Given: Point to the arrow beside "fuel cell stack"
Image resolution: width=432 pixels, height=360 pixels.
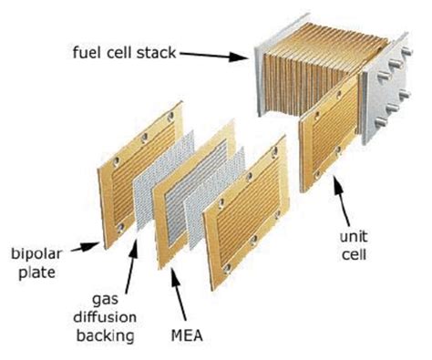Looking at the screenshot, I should pos(219,57).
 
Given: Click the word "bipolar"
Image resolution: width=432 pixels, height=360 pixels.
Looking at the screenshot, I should pos(34,250).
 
